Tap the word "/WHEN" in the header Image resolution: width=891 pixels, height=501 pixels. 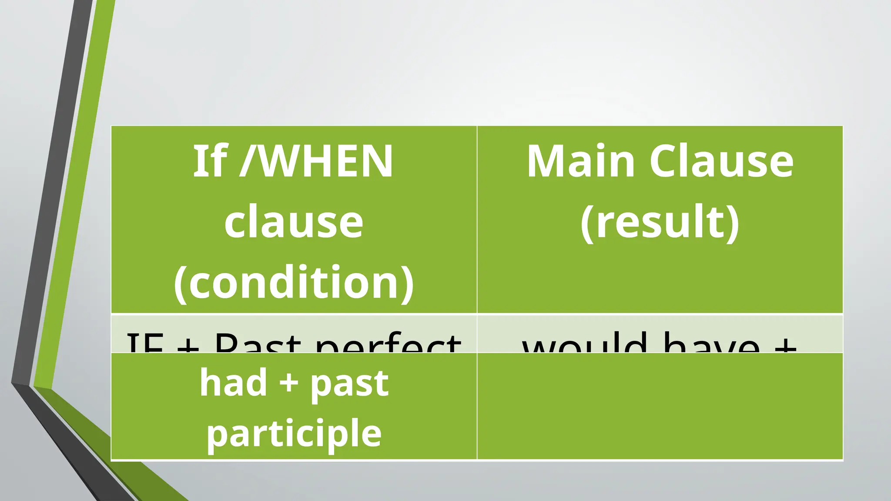click(x=317, y=161)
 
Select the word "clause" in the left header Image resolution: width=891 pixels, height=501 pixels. click(x=294, y=222)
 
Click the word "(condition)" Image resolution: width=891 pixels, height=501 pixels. click(x=294, y=283)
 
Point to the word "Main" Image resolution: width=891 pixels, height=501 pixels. click(x=580, y=161)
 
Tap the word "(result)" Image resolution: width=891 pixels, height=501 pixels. click(x=660, y=222)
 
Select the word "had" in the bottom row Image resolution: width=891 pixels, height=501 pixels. click(x=233, y=383)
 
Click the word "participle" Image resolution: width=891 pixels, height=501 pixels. click(x=294, y=433)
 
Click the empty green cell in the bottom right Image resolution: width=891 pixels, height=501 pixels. click(x=660, y=406)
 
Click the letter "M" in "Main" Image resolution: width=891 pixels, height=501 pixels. click(x=543, y=161)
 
